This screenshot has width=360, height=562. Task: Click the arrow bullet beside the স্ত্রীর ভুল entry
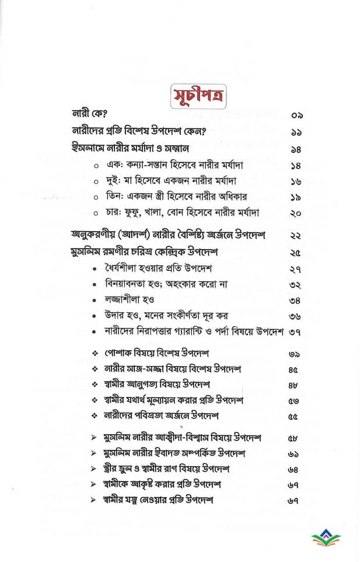[x=95, y=468]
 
